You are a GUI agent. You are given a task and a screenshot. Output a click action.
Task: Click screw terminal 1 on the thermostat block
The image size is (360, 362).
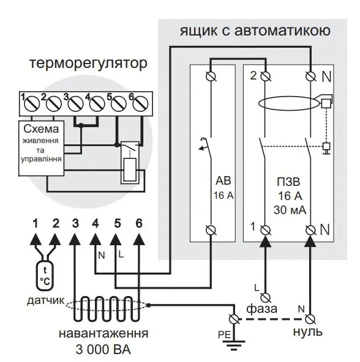pyautogui.click(x=32, y=104)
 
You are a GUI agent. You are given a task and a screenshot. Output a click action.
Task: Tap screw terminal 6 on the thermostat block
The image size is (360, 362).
pyautogui.click(x=141, y=104)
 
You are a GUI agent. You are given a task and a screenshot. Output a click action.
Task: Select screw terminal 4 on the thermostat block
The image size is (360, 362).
pyautogui.click(x=97, y=104)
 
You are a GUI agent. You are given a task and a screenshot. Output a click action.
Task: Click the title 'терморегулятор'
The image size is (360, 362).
pyautogui.click(x=88, y=63)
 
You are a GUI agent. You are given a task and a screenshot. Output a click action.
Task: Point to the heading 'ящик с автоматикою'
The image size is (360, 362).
pyautogui.click(x=255, y=31)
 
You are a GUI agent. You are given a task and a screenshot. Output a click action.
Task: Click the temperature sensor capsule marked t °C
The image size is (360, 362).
pyautogui.click(x=45, y=275)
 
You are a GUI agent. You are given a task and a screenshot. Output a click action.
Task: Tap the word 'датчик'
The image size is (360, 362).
pyautogui.click(x=45, y=301)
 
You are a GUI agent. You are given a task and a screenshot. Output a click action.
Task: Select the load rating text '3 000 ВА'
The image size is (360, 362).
pyautogui.click(x=103, y=350)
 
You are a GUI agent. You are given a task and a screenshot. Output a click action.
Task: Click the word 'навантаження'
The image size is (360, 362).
pyautogui.click(x=103, y=334)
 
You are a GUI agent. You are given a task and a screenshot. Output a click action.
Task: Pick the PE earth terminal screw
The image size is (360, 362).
pyautogui.click(x=234, y=319)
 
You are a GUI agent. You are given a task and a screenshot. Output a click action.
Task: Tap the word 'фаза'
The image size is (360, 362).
pyautogui.click(x=261, y=309)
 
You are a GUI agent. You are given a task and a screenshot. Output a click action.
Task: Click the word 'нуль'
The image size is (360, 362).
pyautogui.click(x=308, y=332)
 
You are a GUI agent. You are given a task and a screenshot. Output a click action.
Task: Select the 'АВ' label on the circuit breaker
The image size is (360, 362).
pyautogui.click(x=223, y=181)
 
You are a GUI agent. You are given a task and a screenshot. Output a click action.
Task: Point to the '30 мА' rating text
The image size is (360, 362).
pyautogui.click(x=290, y=210)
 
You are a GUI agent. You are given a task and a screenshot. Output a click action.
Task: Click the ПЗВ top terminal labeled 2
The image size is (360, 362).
pyautogui.click(x=266, y=76)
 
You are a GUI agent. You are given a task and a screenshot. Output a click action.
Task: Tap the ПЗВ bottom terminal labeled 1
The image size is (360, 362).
pyautogui.click(x=266, y=230)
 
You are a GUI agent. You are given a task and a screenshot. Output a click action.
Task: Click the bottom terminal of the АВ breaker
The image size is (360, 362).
pyautogui.click(x=211, y=230)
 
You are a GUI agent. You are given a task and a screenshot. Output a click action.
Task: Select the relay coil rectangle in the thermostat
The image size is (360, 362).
pyautogui.click(x=130, y=170)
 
